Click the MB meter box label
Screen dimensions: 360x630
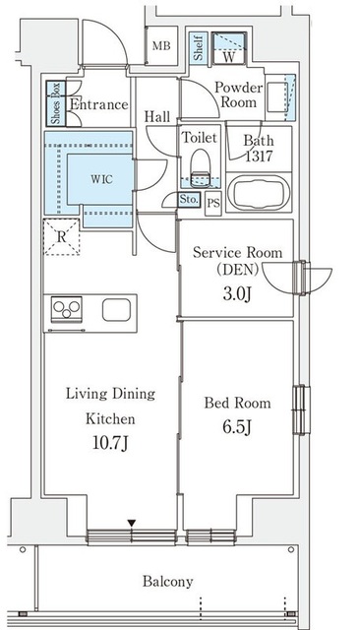point(161,46)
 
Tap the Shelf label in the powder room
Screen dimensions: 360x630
point(199,48)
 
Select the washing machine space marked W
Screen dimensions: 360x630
point(229,48)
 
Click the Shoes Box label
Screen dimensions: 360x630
point(56,102)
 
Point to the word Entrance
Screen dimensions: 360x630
point(99,105)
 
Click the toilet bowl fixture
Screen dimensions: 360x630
point(200,168)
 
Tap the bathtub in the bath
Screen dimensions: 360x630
point(259,193)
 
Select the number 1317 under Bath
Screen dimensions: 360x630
point(259,156)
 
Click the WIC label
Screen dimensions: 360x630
point(101,179)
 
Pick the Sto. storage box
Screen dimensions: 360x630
point(189,199)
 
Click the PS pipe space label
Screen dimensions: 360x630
point(213,203)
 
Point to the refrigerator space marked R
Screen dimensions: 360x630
point(61,237)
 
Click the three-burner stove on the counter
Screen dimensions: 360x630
point(67,308)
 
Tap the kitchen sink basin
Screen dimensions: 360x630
point(116,310)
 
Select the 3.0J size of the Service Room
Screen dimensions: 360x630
point(237,293)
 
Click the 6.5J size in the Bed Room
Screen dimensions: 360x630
point(237,427)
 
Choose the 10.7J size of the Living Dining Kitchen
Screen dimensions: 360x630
point(110,443)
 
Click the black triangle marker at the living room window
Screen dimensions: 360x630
point(132,523)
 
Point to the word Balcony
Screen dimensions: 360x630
point(168,582)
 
